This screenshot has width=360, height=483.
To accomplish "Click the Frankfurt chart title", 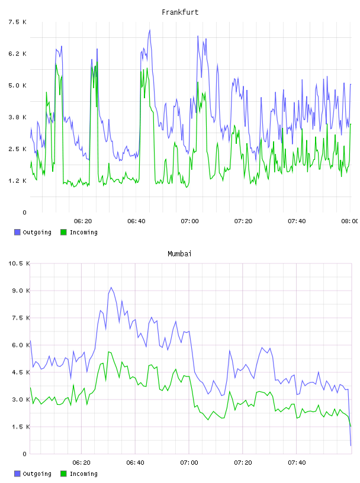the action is [x=180, y=12].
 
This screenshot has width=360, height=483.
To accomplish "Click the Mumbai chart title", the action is [x=179, y=254].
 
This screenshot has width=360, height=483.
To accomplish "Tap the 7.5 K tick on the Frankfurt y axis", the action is [x=17, y=22].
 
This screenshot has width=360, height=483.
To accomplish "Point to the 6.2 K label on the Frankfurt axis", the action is [x=17, y=54].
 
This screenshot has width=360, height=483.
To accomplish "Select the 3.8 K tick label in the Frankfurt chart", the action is [x=17, y=117].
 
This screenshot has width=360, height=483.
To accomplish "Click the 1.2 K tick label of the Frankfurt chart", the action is [x=17, y=181].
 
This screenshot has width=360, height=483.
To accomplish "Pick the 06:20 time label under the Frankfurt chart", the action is [x=83, y=221].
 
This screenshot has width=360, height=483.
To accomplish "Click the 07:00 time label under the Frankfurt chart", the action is [x=190, y=221].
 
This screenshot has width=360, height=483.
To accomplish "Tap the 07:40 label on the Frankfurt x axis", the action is [x=297, y=221].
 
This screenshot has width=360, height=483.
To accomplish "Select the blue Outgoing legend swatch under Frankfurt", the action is [x=17, y=232].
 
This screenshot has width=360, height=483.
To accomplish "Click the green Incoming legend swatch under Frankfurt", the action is [x=63, y=232].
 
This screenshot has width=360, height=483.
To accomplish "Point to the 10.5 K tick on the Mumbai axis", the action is [x=19, y=263].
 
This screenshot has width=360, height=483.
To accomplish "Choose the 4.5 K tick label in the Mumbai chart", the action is [x=21, y=372].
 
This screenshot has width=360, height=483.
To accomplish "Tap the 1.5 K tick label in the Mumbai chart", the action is [x=21, y=427].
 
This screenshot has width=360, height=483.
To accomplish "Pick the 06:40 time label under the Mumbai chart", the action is [x=136, y=462].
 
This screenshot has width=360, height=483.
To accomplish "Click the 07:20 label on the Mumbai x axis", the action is [x=243, y=462].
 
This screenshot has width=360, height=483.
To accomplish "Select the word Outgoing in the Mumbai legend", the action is [x=37, y=474].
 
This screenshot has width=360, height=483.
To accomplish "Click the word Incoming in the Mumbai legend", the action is [x=83, y=474].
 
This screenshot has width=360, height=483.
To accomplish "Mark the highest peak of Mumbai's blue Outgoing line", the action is [x=111, y=288].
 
